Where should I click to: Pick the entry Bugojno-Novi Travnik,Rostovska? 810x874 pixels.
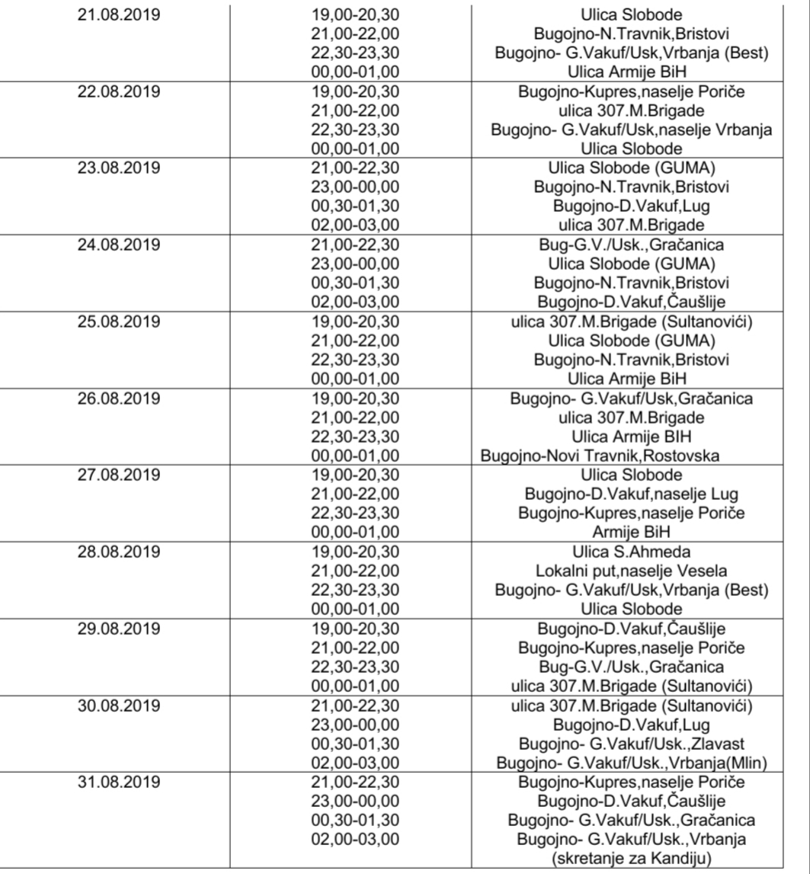click(600, 456)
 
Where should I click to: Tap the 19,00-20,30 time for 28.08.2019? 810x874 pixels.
click(356, 551)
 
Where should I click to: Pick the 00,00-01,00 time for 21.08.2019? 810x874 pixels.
click(356, 72)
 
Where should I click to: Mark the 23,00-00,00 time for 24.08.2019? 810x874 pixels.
click(356, 264)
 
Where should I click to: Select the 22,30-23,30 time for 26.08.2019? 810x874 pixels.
click(356, 437)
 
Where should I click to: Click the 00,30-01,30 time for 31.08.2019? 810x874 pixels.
click(356, 820)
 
